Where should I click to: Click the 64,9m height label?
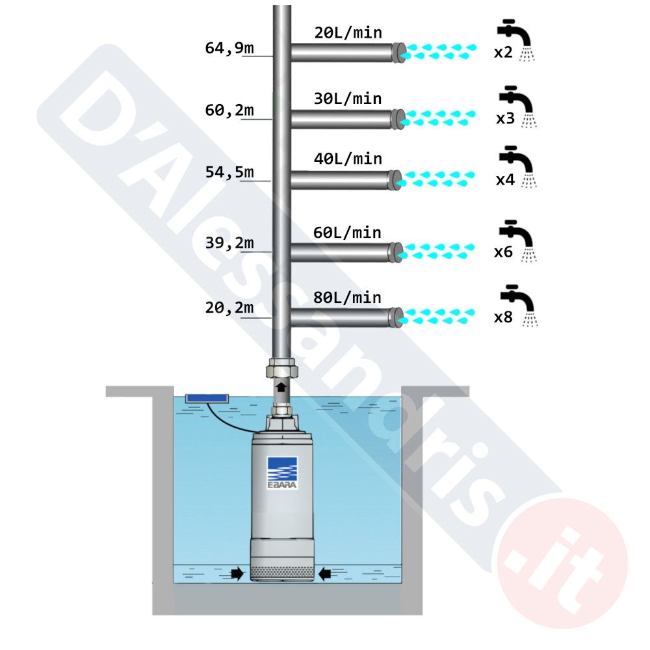pos(229,49)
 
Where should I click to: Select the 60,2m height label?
pos(229,110)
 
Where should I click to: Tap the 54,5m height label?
pos(229,172)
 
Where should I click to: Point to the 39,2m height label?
pos(229,243)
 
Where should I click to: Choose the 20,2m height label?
pos(229,307)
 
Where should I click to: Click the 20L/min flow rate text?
pos(348,32)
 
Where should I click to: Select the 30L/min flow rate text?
pos(348,99)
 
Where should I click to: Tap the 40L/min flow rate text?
pos(348,159)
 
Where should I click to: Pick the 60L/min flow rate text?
pos(347,233)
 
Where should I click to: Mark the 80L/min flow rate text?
pos(347,298)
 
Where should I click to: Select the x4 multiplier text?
pos(505,180)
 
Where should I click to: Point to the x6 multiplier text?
pos(503,252)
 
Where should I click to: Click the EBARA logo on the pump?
pos(282,473)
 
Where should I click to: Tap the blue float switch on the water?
pos(207,398)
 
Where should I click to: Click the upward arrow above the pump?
pos(281,387)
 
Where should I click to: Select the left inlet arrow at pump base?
pos(237,574)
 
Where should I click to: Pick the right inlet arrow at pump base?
pos(324,574)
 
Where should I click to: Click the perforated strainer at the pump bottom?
pos(282,573)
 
